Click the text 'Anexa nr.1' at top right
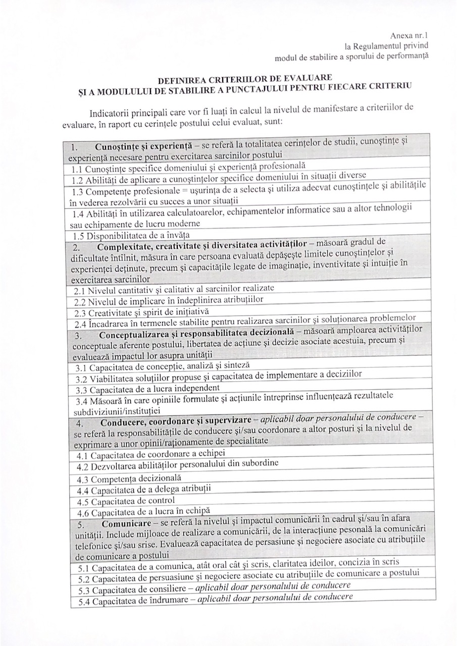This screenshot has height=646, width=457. point(409,36)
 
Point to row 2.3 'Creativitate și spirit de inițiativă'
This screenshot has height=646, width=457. point(141,311)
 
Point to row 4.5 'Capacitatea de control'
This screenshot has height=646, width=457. point(126,501)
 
